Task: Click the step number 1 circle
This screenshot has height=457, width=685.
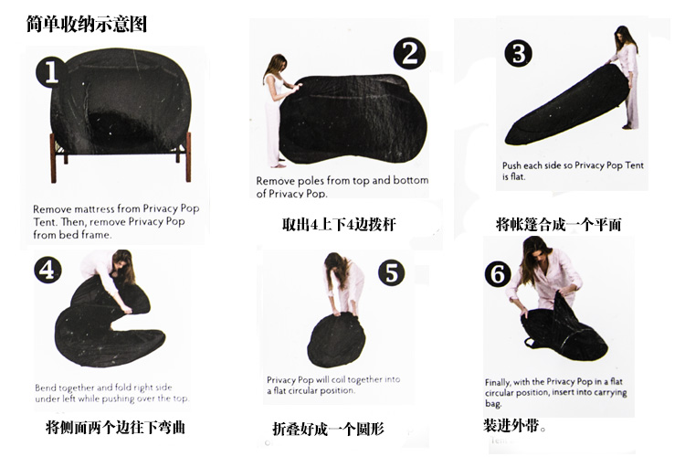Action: click(50, 71)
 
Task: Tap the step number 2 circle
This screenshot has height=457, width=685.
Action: click(409, 53)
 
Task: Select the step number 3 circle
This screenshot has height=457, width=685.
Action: click(519, 54)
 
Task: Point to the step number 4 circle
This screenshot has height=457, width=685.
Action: click(47, 270)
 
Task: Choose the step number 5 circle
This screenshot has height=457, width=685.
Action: click(392, 272)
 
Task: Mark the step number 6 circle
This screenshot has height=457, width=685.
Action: click(498, 274)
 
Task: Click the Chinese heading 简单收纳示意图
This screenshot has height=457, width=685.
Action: click(86, 25)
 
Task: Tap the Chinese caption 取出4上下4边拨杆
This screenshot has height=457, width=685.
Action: click(339, 225)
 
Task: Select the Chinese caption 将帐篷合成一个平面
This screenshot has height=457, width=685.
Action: click(558, 225)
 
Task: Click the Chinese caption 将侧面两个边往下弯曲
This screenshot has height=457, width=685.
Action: click(115, 427)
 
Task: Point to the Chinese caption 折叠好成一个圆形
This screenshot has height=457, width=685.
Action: click(328, 429)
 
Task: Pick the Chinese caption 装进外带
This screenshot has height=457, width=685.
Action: click(514, 425)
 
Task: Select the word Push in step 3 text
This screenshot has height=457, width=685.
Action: click(511, 165)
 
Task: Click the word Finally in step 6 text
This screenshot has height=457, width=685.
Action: click(497, 382)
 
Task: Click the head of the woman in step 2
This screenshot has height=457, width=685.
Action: click(278, 62)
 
